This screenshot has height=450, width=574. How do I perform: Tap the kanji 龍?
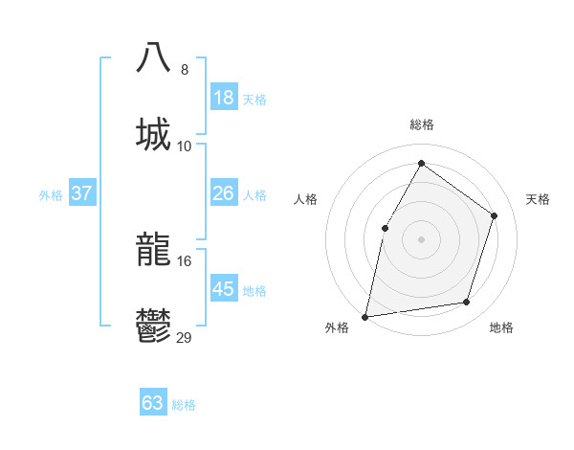(153, 250)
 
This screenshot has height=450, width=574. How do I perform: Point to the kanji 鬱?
(153, 326)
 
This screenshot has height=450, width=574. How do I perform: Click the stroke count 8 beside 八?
(184, 70)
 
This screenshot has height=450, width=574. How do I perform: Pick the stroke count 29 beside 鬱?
(185, 338)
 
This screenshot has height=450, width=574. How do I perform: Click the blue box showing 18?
(223, 98)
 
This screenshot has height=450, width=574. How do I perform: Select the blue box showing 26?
(223, 193)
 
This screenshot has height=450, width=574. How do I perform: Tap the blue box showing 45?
(223, 289)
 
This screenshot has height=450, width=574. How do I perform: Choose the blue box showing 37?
(81, 193)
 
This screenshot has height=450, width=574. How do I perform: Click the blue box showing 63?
(153, 403)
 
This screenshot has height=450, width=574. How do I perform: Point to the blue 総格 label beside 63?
(184, 405)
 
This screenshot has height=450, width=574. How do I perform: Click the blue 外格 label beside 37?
(51, 195)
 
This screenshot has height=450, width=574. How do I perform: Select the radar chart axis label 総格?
(421, 124)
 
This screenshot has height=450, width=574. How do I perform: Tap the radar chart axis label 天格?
(538, 199)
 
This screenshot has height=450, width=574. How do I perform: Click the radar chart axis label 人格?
(305, 199)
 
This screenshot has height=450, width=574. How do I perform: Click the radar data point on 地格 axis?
(467, 303)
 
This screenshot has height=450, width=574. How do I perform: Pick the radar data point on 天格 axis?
(495, 215)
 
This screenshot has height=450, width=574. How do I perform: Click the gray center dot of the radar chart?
(421, 238)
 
